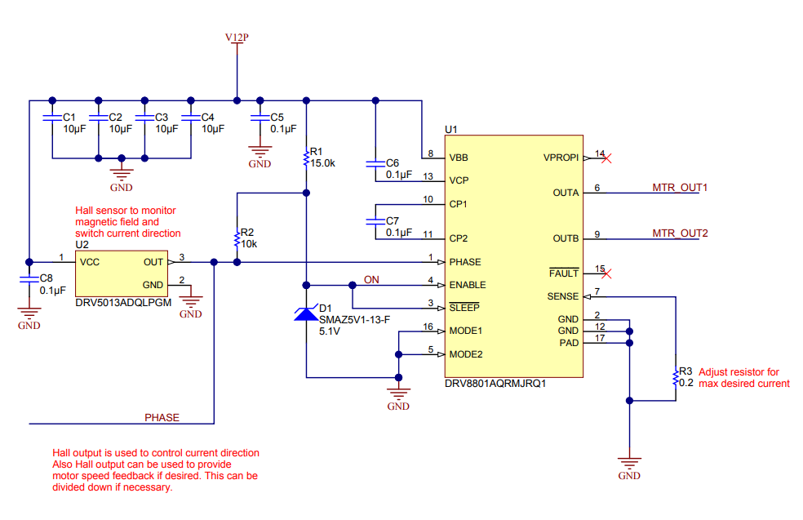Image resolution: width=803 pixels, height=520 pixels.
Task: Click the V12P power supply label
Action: coord(237,38)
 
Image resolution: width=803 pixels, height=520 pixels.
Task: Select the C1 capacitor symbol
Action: coord(51,118)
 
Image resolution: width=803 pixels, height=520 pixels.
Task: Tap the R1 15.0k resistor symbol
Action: coord(306,158)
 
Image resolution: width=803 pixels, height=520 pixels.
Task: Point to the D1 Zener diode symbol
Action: coord(306,313)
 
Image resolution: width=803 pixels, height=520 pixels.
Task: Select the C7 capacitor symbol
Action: coord(375,221)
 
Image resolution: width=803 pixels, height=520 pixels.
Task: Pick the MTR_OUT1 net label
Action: coord(680,188)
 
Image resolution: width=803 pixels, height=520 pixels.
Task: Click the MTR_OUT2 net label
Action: coord(680,233)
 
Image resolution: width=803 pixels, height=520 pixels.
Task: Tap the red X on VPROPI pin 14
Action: coord(606,158)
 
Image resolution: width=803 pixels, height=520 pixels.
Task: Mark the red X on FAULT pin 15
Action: coord(606,273)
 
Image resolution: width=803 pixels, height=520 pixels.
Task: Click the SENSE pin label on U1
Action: coord(562,296)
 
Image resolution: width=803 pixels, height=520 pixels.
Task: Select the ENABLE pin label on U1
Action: coord(468,285)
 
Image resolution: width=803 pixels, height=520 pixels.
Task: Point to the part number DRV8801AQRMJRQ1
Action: coord(495,383)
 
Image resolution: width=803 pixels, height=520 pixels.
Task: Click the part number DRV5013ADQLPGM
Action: coord(123,303)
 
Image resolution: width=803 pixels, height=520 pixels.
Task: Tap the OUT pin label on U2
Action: coord(153,262)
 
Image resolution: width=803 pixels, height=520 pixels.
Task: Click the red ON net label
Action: coord(371,280)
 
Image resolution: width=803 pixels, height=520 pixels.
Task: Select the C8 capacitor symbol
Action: coord(29,279)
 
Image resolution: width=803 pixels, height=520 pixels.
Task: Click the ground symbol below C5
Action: coord(260,151)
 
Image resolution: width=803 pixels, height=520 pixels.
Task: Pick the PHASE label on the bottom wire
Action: coord(162,417)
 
